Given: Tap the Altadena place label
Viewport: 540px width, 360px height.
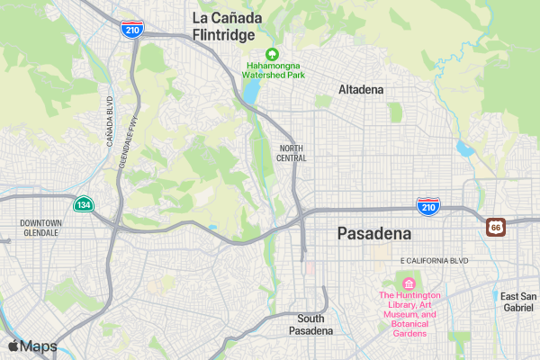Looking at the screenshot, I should coord(361,90).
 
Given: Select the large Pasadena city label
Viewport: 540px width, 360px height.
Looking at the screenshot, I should coord(373,234).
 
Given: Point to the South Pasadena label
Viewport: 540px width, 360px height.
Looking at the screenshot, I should coord(310,325).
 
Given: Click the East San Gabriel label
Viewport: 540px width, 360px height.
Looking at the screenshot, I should coord(518,301).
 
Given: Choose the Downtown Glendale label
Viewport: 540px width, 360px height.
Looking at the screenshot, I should coord(40,227).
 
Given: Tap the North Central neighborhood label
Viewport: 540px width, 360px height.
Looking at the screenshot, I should coord(292,153).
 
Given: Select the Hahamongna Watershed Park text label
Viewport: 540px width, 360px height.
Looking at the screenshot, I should coord(276,70).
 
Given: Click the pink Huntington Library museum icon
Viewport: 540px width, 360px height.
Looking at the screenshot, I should coord(409,283).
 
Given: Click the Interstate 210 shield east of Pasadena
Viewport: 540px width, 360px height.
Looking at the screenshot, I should coord(427,207).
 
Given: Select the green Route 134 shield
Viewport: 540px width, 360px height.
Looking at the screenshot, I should coord(83,204).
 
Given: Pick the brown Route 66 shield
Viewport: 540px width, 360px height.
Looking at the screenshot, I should coord(496,228).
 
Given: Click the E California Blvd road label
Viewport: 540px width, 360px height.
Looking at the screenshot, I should coord(435,260).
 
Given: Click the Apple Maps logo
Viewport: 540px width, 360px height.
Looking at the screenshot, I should coord(32,346).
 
